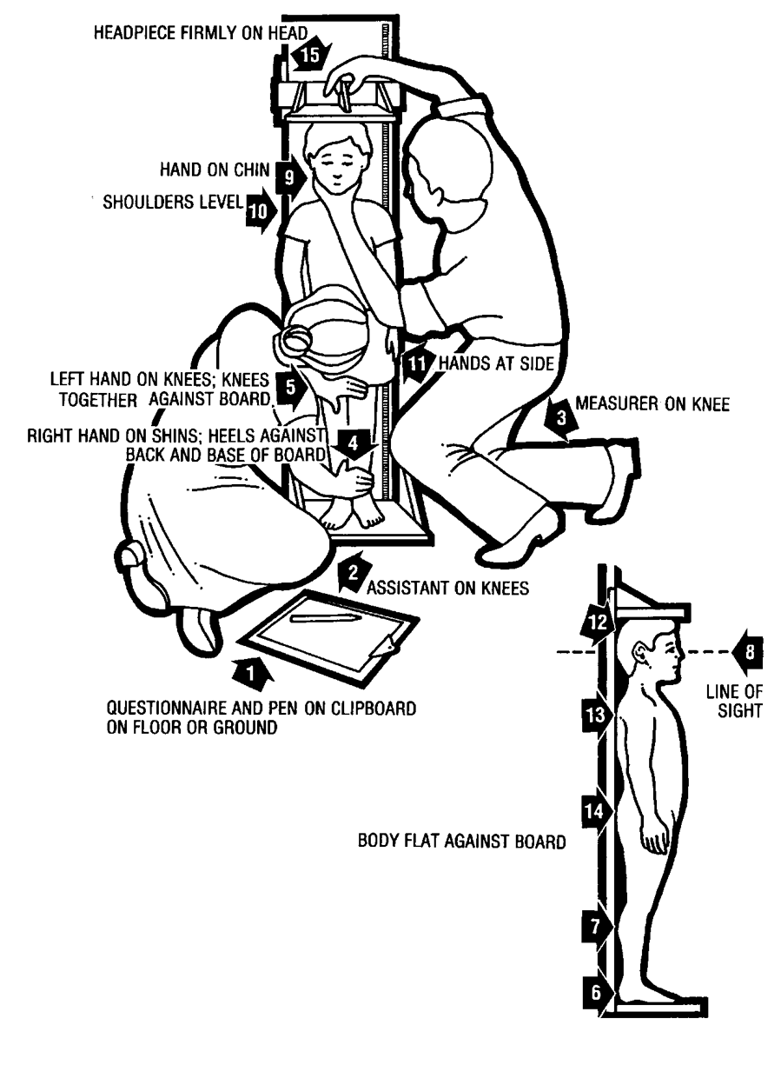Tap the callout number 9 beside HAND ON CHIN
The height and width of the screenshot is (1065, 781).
[x=288, y=176]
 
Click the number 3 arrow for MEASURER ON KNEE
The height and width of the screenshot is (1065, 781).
[x=559, y=420]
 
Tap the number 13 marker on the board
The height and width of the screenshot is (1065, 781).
[x=594, y=716]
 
